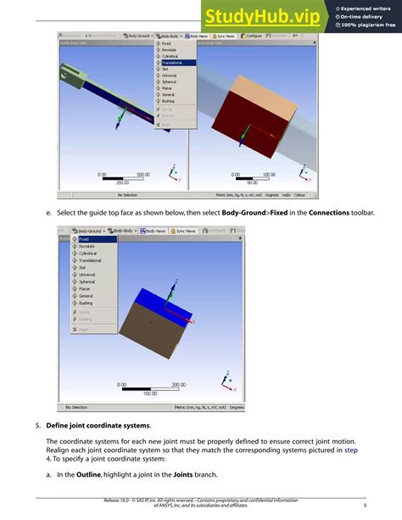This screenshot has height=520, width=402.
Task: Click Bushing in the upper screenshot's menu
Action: tap(170, 100)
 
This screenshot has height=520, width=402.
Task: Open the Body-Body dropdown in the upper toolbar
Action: tap(170, 36)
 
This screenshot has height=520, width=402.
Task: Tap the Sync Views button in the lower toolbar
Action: tap(185, 230)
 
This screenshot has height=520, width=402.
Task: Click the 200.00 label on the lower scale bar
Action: tap(179, 385)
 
